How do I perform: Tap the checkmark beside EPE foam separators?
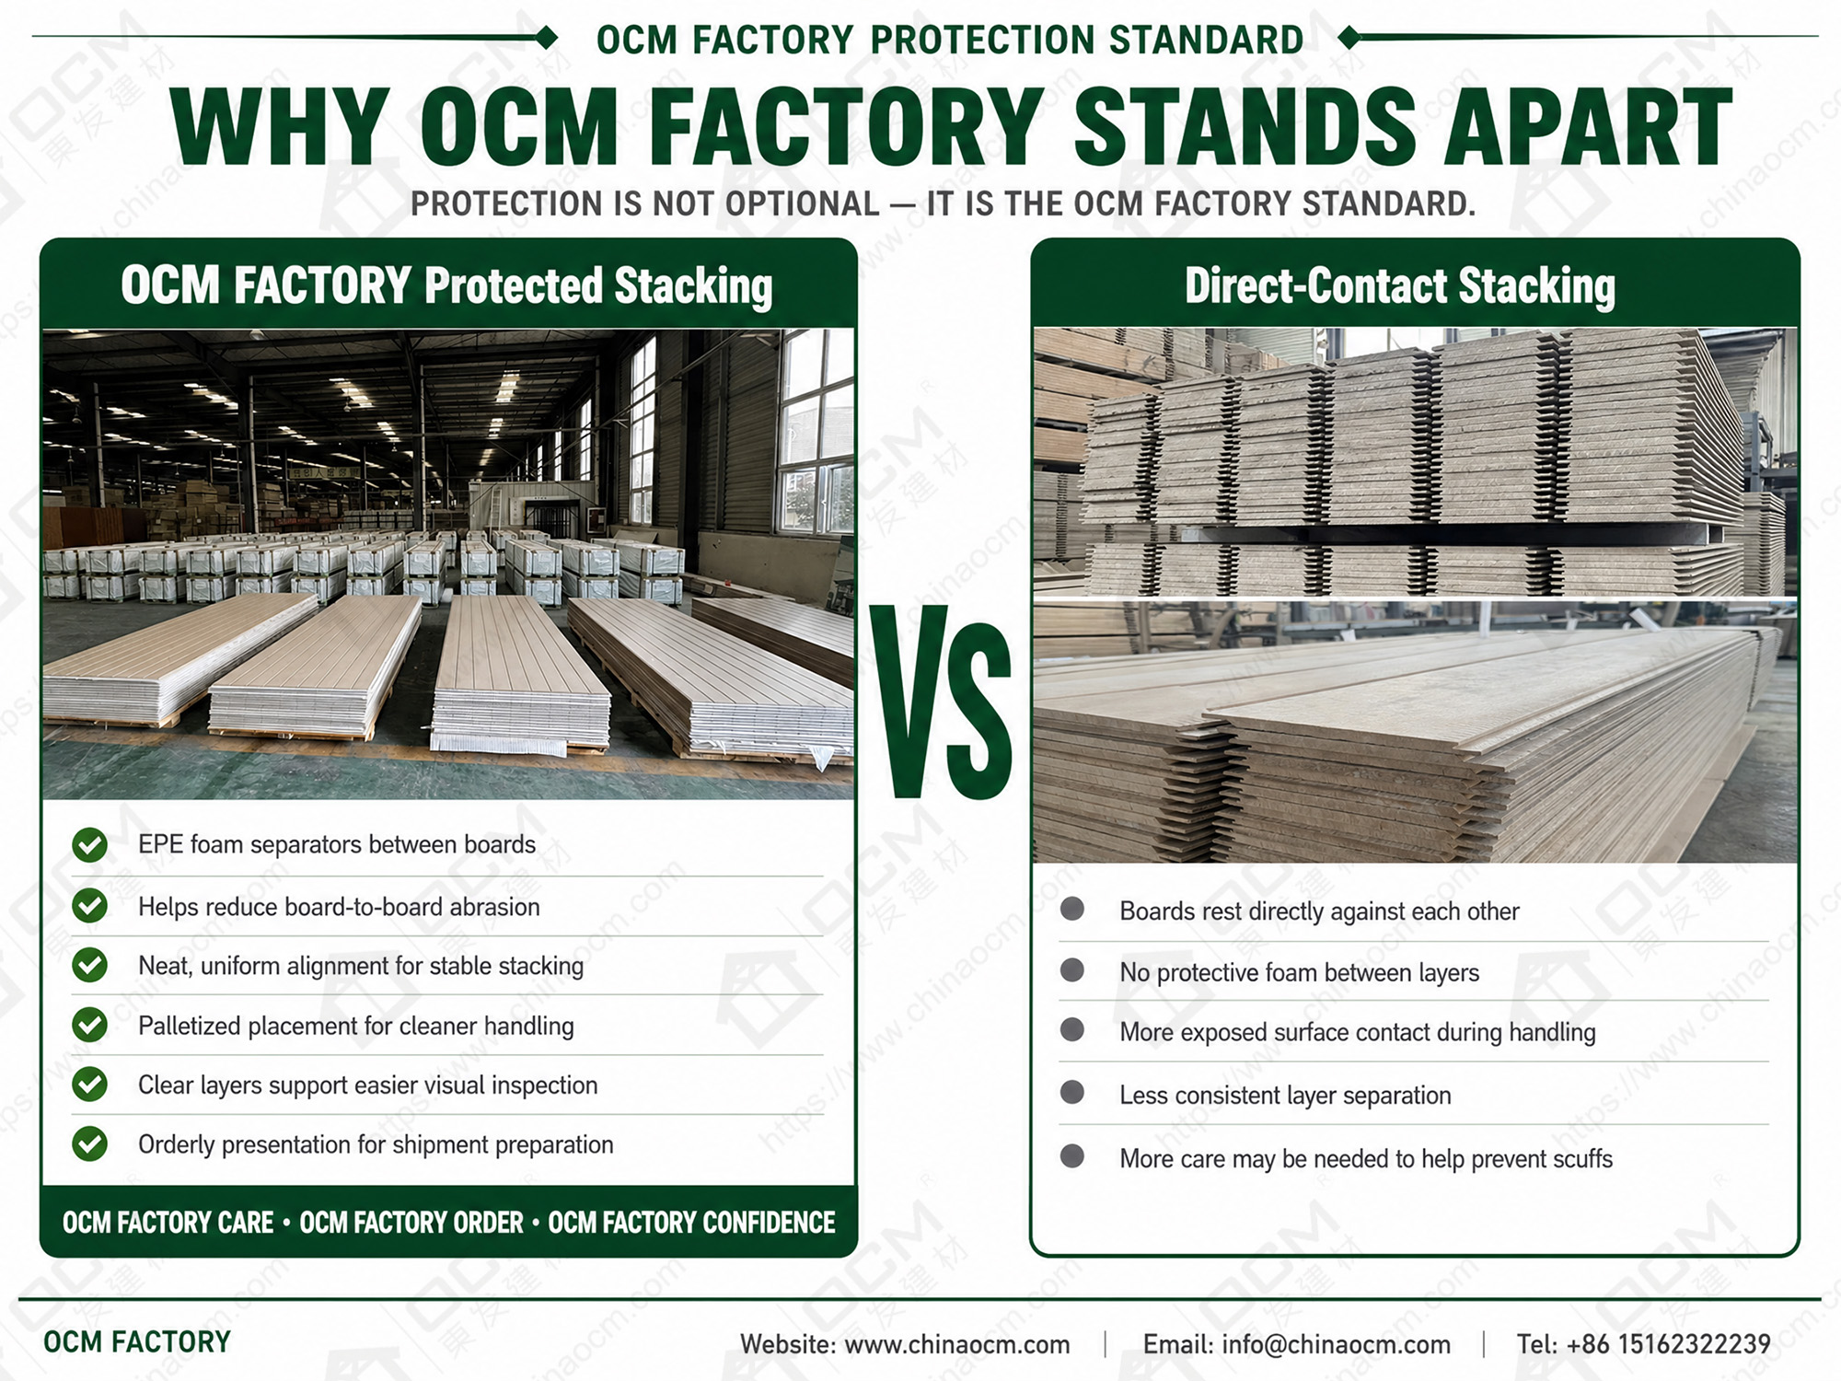[90, 844]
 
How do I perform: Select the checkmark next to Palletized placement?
[90, 1024]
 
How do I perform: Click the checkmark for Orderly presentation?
[90, 1143]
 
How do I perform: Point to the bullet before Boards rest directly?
[1071, 910]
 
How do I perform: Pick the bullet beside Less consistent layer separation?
[1071, 1093]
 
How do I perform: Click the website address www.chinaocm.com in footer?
[957, 1344]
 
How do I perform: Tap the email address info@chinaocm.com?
[1336, 1344]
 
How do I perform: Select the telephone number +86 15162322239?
[1668, 1344]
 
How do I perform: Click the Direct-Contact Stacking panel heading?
[1399, 285]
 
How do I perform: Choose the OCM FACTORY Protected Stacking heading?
[446, 285]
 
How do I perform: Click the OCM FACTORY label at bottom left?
[137, 1342]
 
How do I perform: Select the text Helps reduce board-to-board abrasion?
[339, 907]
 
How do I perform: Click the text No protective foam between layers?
[1299, 972]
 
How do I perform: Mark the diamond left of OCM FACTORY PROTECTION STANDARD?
[547, 38]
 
